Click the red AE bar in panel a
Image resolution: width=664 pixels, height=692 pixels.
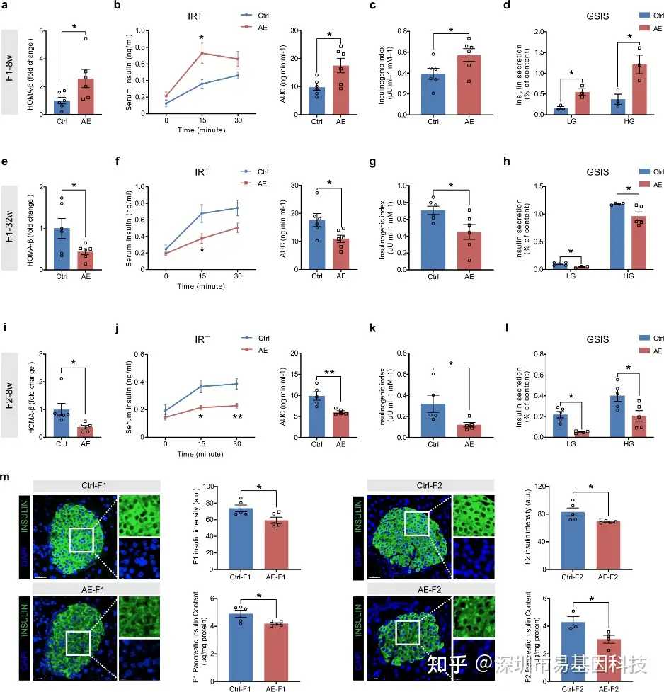click(85, 96)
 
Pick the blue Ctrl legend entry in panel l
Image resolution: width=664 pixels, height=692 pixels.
click(644, 339)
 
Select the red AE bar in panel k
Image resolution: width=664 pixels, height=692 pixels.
click(469, 431)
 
